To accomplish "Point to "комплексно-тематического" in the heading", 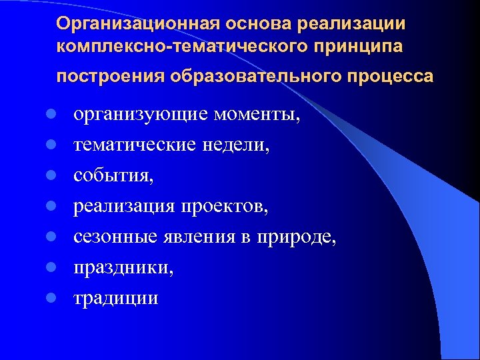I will click(171, 49).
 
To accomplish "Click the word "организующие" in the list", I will click(139, 115).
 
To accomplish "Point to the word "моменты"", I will click(257, 115).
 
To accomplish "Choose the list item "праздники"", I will click(124, 268).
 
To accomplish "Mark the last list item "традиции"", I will click(116, 298).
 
